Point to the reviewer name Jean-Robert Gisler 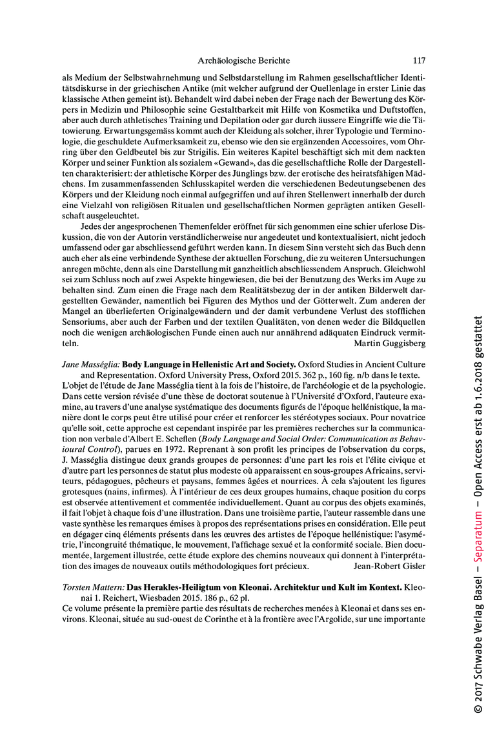[390, 549]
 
